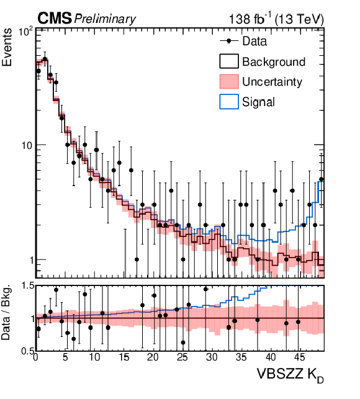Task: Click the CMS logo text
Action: click(55, 19)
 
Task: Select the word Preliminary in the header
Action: click(105, 19)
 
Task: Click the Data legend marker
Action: click(229, 41)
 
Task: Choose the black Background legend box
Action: click(229, 61)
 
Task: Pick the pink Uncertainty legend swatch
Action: click(229, 81)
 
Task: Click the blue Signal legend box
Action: click(229, 102)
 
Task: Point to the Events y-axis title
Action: click(7, 47)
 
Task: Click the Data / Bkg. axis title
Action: click(6, 312)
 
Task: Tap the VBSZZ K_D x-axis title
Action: click(290, 375)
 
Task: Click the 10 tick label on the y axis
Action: click(27, 146)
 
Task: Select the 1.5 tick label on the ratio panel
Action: click(28, 286)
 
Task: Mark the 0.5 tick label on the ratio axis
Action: click(28, 351)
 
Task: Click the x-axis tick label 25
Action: click(182, 357)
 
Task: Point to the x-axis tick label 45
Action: click(299, 357)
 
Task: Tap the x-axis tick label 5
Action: click(65, 357)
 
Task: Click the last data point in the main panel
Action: click(322, 179)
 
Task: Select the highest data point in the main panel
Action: click(45, 59)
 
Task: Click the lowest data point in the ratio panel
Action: click(183, 343)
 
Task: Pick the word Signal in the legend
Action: click(258, 102)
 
